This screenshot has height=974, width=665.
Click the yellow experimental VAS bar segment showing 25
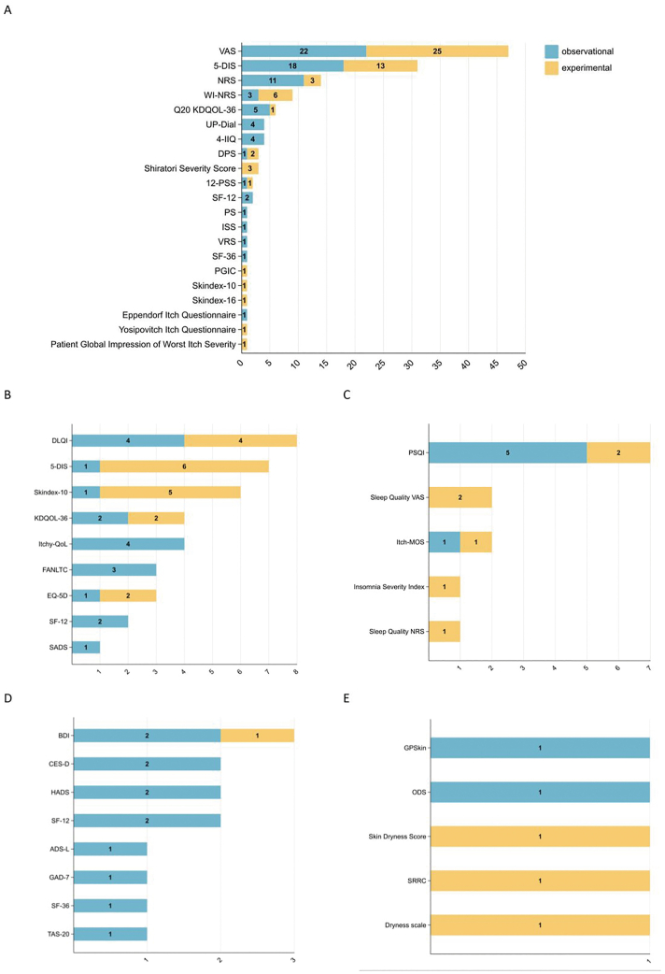pos(437,50)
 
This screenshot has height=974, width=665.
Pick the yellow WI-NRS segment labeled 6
pos(276,94)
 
